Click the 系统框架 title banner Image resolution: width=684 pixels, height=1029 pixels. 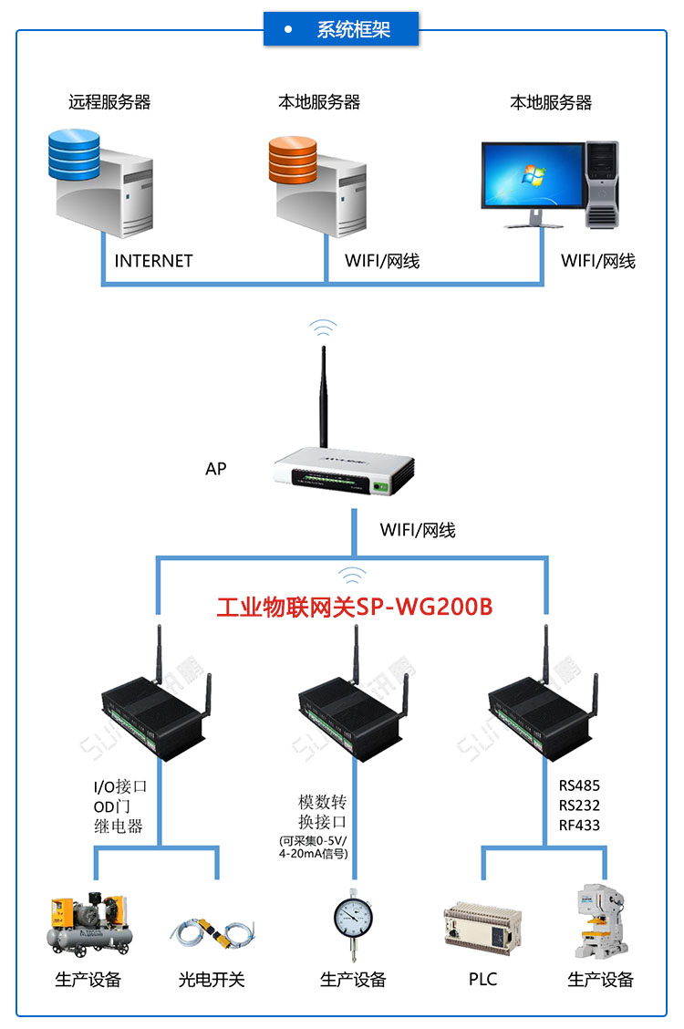342,29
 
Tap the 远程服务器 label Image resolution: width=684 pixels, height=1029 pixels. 109,101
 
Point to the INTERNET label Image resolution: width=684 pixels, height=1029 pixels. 153,261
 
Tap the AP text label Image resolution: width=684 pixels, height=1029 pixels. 215,469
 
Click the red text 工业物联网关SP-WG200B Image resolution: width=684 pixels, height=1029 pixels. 355,607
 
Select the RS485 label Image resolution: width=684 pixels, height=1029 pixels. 579,785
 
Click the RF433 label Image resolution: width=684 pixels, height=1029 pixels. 579,826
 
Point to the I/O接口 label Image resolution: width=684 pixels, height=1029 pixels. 120,786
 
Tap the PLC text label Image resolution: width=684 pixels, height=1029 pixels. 482,979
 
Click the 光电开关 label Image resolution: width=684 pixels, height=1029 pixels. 212,980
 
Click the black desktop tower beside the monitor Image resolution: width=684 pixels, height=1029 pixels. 602,182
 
